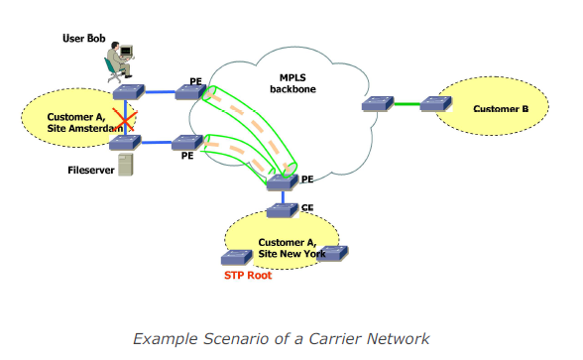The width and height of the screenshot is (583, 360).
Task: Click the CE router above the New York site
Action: (x=284, y=209)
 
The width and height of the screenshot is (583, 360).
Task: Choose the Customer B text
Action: (x=501, y=108)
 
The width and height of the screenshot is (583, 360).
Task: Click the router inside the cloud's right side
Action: (x=376, y=103)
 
